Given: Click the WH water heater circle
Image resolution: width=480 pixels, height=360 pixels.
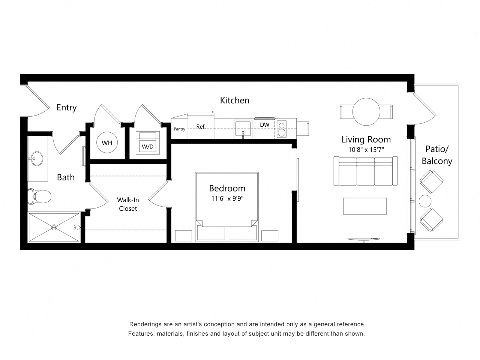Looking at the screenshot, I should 107,143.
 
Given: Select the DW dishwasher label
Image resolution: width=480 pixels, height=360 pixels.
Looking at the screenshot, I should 265,125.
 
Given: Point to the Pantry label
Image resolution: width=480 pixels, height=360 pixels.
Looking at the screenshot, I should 180,129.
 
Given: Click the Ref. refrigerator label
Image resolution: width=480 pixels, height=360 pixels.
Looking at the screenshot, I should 201,127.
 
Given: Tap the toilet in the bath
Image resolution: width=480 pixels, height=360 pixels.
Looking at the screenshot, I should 39,196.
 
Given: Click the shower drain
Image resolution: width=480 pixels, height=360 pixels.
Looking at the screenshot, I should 54,227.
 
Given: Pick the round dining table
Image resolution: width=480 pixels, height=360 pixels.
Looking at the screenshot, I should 366,112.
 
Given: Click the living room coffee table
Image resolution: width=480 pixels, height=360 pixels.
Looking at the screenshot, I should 365,206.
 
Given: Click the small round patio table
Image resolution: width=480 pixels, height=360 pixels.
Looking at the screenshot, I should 426,201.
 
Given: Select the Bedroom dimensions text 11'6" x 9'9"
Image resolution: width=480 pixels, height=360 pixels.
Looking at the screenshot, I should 227,199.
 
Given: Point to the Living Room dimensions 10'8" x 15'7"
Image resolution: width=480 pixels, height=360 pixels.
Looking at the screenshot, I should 366,149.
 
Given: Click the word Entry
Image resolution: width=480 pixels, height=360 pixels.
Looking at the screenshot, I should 66,108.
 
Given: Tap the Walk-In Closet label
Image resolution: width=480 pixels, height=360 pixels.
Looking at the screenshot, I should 128,204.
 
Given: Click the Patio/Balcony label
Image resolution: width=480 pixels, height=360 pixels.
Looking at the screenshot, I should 437,155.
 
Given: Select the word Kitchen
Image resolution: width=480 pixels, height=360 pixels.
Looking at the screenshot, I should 234,100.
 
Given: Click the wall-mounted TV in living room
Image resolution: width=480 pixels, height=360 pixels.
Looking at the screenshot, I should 363,239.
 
